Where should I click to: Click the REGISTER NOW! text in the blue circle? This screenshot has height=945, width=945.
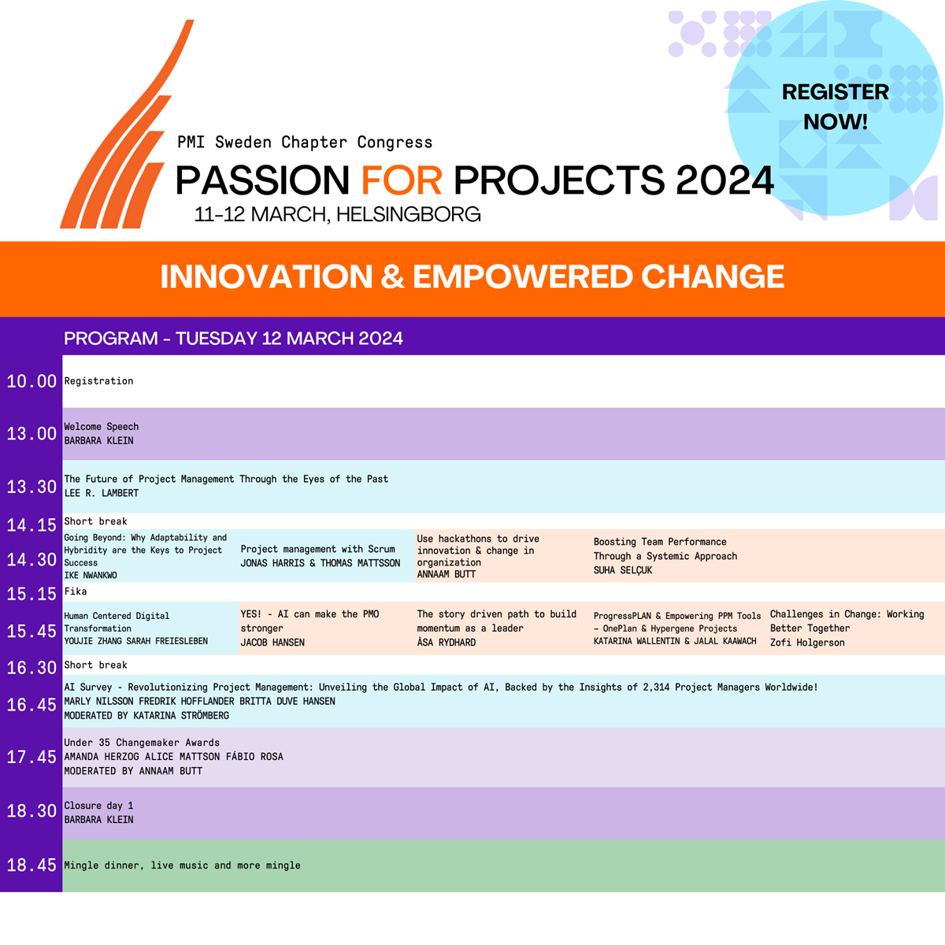(x=836, y=106)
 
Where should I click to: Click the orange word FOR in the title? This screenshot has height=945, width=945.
(x=402, y=180)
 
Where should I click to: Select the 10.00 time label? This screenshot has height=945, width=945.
(x=31, y=381)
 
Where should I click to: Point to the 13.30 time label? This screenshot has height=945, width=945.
(x=31, y=487)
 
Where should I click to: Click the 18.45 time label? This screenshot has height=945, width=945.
(x=31, y=865)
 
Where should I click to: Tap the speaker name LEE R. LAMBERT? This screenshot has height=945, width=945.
(x=102, y=493)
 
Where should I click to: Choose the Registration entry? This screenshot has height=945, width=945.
(x=98, y=381)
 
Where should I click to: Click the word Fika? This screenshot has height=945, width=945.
(x=76, y=591)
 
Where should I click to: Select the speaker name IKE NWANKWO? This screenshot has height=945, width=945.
(x=91, y=575)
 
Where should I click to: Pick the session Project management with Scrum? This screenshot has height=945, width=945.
(x=318, y=549)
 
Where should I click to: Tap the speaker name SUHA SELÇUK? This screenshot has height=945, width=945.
(x=623, y=570)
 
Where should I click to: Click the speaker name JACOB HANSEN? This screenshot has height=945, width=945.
(x=272, y=643)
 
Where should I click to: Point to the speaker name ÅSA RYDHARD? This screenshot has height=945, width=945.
(x=447, y=643)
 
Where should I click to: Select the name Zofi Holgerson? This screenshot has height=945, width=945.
(x=807, y=643)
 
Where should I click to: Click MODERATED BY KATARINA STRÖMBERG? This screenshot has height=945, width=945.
(x=146, y=716)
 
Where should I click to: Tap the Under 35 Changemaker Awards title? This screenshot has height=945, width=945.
(x=142, y=743)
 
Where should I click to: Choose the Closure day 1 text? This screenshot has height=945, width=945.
(x=98, y=806)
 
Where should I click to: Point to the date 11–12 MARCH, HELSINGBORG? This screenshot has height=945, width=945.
(x=337, y=215)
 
